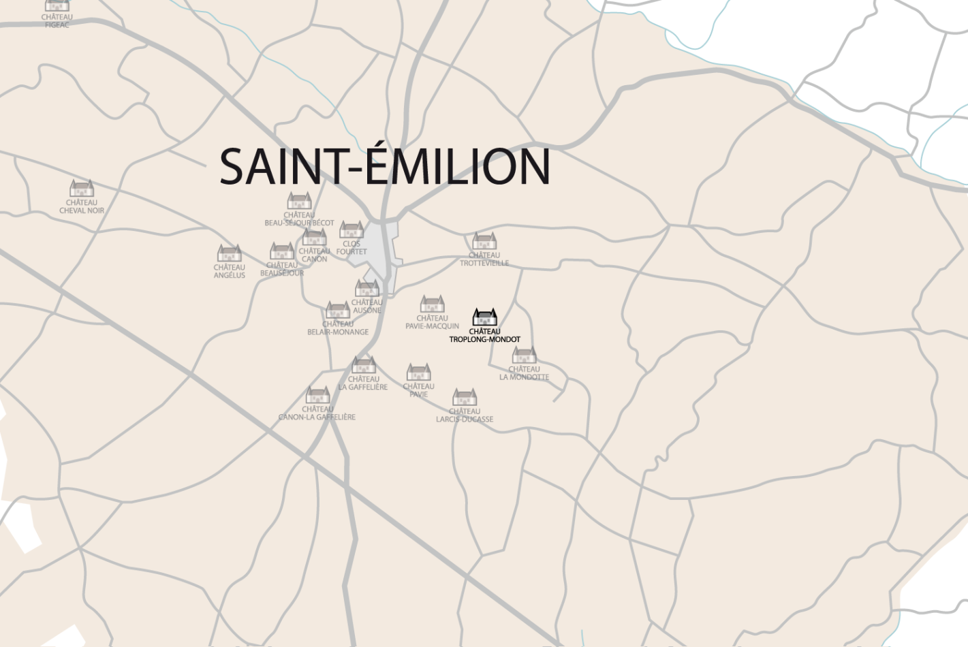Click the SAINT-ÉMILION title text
384,166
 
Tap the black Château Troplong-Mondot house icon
484,317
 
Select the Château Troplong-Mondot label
484,335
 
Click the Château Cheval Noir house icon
82,188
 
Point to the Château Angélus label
230,271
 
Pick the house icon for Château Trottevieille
484,241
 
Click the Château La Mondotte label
524,373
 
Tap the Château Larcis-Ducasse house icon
465,397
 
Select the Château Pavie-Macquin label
432,322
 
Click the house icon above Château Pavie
418,372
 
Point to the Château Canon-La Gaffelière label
317,413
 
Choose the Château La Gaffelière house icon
364,365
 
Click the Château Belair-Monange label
338,328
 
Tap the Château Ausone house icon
367,288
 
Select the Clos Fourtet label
352,248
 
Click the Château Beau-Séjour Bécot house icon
299,201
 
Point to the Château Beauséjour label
282,269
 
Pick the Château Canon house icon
314,237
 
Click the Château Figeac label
57,21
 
